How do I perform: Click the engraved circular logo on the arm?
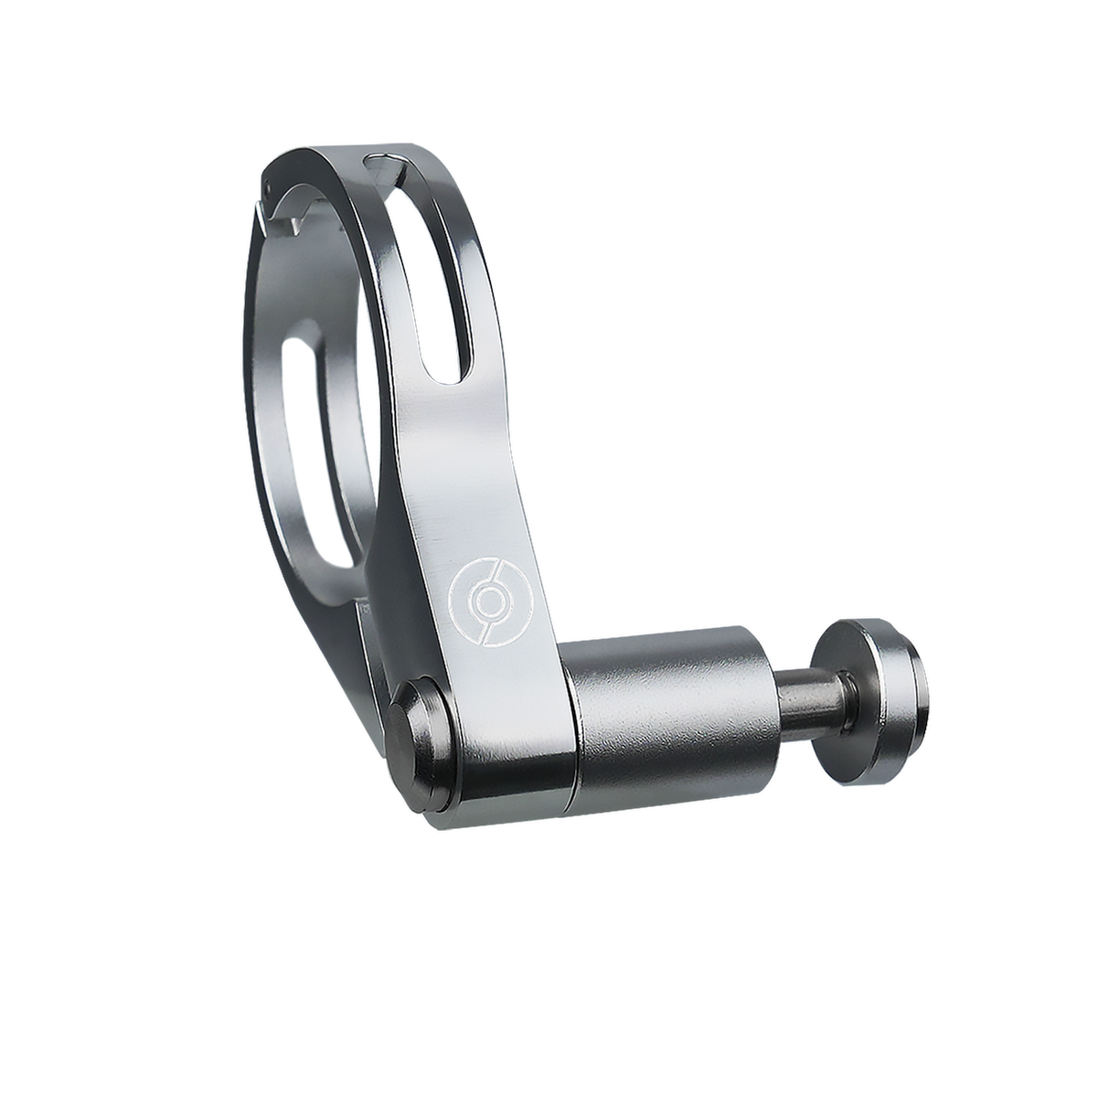point(484,595)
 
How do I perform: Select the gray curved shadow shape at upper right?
point(804,274)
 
